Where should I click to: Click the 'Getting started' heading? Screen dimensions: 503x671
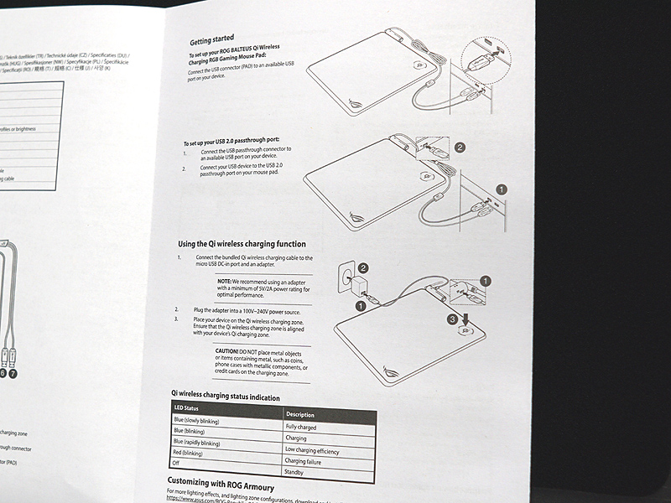coord(211,41)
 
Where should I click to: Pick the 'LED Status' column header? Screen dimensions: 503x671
coord(187,408)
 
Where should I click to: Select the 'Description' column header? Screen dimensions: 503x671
coord(300,415)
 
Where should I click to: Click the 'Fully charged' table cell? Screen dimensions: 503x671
coord(302,427)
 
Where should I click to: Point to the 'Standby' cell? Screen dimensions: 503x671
coord(296,472)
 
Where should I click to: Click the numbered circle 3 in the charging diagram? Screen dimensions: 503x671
coord(450,319)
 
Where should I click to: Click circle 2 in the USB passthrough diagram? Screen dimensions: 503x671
coord(460,148)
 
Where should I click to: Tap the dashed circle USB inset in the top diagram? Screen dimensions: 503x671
coord(480,60)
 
